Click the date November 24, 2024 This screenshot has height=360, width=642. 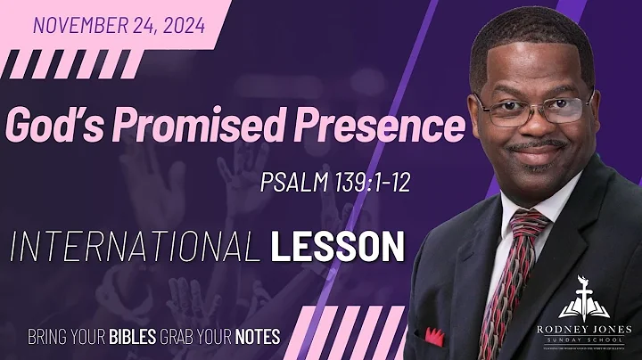[x=119, y=25]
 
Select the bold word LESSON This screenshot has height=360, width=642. [x=338, y=245]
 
